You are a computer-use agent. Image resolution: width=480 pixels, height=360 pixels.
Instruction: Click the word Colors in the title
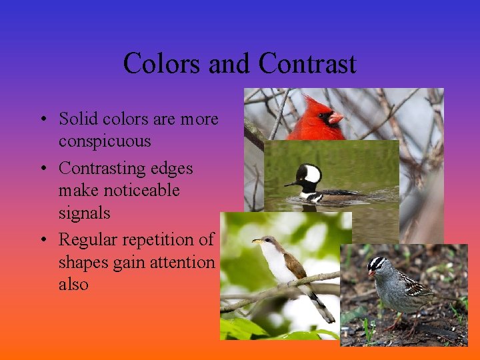(163, 64)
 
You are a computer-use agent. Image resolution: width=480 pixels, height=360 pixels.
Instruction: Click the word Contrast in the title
(307, 64)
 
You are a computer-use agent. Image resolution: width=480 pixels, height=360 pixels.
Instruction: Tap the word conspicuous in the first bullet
(105, 141)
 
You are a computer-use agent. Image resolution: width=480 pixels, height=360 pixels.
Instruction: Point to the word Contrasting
(99, 168)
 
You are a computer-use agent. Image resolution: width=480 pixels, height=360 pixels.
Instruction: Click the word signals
(84, 213)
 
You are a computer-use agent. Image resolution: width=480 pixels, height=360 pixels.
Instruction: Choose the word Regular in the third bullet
(83, 239)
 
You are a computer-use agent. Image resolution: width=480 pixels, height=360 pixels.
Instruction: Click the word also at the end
(73, 284)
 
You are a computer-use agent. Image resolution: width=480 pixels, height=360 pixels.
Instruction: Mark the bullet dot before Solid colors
(41, 120)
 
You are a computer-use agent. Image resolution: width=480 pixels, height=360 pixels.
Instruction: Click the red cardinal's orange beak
(335, 118)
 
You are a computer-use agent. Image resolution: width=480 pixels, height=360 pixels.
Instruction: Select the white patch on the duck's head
(312, 174)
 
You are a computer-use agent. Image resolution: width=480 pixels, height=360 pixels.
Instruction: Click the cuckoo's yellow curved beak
(257, 241)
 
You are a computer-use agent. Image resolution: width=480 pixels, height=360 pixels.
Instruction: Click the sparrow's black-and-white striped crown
(377, 263)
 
